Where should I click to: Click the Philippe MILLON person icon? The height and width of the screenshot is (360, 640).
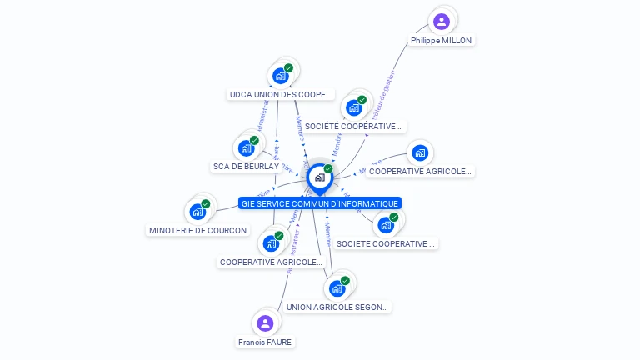click(x=442, y=21)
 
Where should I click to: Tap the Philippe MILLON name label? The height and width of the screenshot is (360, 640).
click(x=442, y=40)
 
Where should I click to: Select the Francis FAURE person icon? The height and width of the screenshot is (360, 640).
click(x=265, y=322)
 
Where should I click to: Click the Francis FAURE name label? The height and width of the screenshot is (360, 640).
click(x=265, y=342)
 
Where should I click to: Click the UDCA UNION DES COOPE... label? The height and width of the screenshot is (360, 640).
click(x=281, y=95)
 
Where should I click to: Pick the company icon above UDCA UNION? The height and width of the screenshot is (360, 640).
click(x=281, y=76)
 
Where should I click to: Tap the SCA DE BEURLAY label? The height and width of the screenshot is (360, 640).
click(x=246, y=167)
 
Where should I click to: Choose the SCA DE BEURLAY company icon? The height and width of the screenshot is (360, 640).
click(x=246, y=148)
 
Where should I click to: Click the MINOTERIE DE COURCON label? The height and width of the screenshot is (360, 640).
click(x=197, y=230)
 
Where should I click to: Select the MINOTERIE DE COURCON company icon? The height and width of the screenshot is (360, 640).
click(x=197, y=211)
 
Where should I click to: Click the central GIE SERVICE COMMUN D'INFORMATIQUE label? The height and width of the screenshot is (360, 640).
click(x=320, y=203)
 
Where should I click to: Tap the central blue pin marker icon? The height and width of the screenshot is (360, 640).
click(x=319, y=177)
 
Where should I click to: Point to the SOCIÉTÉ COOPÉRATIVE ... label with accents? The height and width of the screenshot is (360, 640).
click(x=354, y=127)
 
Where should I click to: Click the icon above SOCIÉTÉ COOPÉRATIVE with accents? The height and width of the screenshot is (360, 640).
click(x=354, y=107)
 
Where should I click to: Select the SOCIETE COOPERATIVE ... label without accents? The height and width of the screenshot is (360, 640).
click(x=386, y=244)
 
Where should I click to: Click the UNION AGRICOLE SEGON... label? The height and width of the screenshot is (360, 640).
click(x=337, y=307)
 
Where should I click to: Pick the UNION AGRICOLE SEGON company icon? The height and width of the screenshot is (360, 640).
click(x=337, y=288)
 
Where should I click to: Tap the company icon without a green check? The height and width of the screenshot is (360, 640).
click(x=420, y=152)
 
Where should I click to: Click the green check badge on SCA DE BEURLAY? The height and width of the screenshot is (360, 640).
click(x=254, y=140)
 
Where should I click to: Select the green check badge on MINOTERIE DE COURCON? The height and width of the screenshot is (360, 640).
click(x=206, y=203)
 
